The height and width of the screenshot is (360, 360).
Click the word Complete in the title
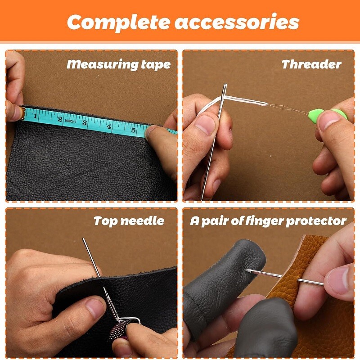tap(117, 22)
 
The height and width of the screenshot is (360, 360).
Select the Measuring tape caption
tap(118, 64)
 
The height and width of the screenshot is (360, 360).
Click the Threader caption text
tap(311, 64)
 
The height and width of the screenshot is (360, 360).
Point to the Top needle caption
tap(129, 221)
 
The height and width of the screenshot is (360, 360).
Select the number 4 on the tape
tap(109, 127)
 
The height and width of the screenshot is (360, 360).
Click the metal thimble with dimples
tap(123, 331)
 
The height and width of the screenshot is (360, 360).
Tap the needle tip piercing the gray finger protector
tap(246, 270)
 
